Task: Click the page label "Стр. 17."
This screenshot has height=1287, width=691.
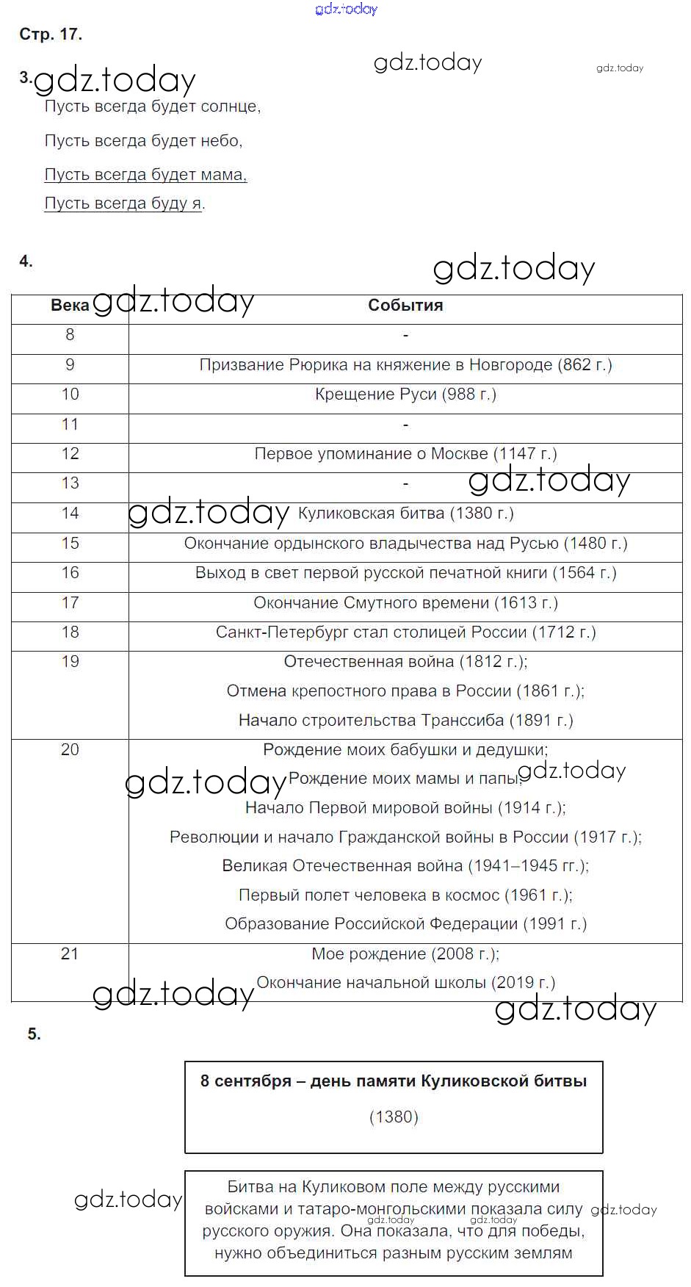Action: tap(51, 35)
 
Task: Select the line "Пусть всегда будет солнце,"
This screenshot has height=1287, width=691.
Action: tap(153, 107)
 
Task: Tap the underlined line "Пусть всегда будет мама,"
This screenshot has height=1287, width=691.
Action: tap(145, 175)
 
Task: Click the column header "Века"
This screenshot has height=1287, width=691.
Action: tap(70, 306)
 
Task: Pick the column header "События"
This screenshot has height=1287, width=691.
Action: tap(405, 306)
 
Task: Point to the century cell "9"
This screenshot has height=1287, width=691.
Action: tap(70, 365)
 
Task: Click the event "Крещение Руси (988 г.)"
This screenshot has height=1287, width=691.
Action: tap(405, 394)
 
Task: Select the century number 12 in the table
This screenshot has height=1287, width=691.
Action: tap(70, 454)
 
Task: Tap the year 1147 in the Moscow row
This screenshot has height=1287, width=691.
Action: tap(518, 454)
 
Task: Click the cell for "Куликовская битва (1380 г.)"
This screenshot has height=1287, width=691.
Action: tap(405, 513)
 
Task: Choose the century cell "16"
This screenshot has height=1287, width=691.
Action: tap(70, 573)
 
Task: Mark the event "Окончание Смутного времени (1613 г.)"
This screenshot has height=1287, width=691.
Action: tap(405, 603)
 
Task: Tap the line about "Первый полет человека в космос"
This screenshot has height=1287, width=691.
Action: tap(405, 895)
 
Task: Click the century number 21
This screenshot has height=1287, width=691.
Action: tap(70, 954)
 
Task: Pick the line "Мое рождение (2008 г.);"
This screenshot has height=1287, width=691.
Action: tap(405, 954)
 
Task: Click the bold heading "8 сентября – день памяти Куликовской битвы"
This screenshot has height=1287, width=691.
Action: tap(394, 1081)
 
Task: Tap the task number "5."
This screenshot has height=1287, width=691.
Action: tap(35, 1034)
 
